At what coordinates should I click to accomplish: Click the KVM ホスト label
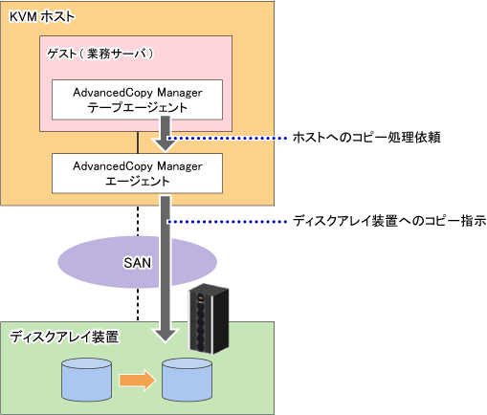42,17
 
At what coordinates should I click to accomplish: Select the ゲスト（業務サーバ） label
100,54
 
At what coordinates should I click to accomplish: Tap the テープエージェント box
137,99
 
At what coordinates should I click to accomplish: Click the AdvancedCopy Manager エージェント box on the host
137,173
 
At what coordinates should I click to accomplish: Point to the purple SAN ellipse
96,262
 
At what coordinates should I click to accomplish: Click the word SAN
137,263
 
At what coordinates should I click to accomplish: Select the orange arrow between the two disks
137,380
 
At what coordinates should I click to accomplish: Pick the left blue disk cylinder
86,380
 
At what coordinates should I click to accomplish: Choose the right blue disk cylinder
187,380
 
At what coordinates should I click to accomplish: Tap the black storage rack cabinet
209,318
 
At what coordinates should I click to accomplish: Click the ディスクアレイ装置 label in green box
64,337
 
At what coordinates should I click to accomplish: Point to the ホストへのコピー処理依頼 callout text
366,138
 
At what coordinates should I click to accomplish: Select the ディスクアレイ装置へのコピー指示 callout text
389,221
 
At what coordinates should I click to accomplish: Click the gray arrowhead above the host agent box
166,144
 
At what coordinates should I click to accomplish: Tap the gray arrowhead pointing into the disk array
166,336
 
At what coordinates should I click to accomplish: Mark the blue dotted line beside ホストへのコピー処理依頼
227,138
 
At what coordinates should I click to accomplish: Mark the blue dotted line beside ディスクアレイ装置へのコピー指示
227,222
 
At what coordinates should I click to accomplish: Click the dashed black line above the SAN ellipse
138,221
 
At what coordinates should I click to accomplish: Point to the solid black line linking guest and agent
138,142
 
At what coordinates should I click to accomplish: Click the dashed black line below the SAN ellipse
138,305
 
